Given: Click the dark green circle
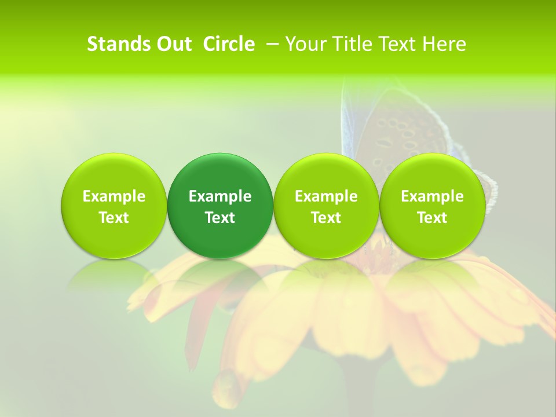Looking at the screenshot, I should coord(220,174).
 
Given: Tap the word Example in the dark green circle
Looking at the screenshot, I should coord(220,196).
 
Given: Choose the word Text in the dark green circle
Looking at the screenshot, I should coord(220,218).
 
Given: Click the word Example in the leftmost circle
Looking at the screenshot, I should coord(114,196).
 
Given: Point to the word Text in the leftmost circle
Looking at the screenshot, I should coord(114,218).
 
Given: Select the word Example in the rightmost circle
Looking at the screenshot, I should coord(432,196).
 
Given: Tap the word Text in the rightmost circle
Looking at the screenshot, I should coord(432,218).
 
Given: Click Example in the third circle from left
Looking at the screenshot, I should coord(326,196).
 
